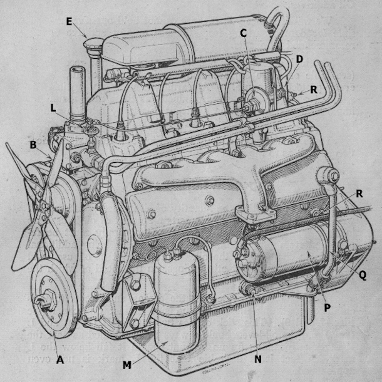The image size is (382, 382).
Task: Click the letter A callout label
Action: (x=60, y=359)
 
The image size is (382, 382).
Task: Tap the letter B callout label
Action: (x=33, y=145)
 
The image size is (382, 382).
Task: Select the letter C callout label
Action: (x=243, y=32)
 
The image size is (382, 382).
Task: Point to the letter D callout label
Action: (x=299, y=59)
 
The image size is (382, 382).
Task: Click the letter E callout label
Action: (x=69, y=21)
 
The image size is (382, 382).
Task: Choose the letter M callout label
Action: (x=128, y=364)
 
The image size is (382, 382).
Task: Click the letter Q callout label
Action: (x=363, y=274)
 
